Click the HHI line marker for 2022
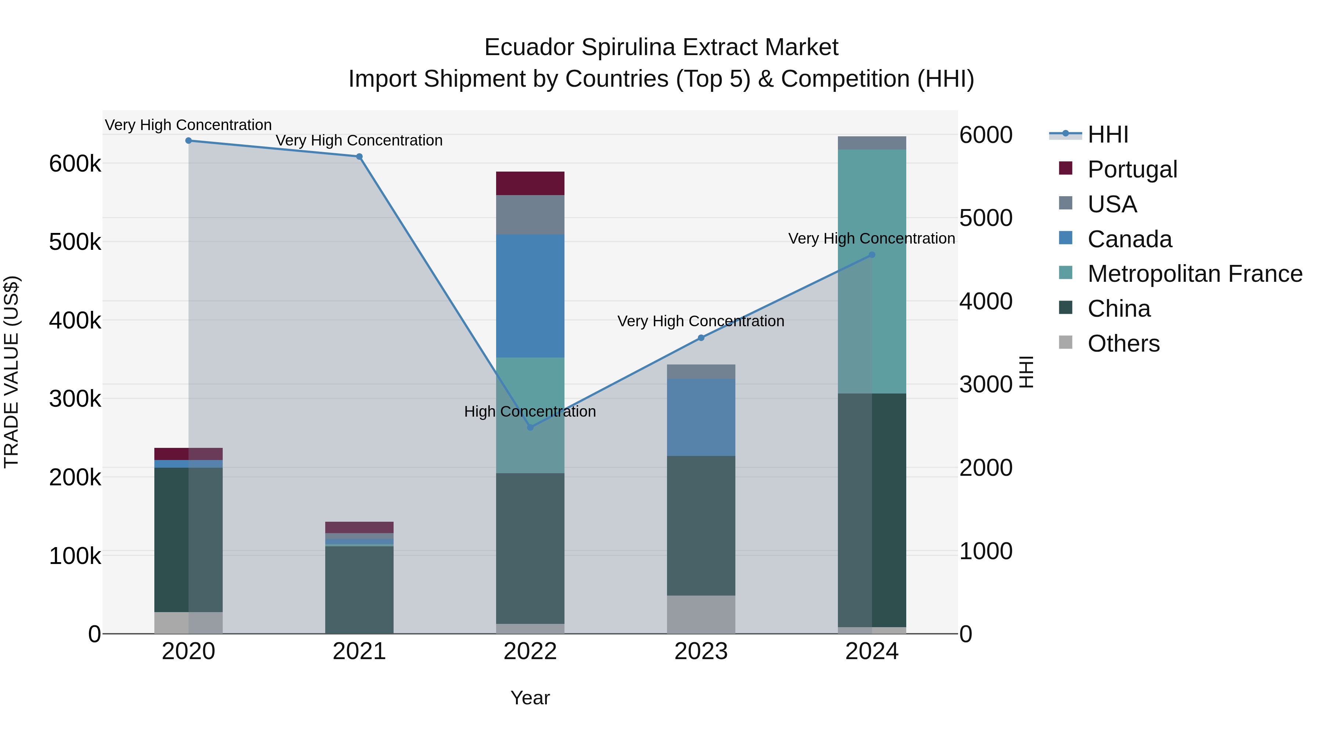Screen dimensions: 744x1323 (531, 427)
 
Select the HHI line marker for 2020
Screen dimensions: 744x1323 (189, 141)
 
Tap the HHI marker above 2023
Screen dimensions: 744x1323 (701, 338)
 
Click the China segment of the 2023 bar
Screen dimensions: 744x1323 (701, 525)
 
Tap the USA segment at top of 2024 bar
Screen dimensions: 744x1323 (872, 143)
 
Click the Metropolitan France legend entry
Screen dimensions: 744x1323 (1195, 274)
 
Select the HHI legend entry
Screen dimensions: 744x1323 (1108, 134)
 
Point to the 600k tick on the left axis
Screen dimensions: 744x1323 (75, 164)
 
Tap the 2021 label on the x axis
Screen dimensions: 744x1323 (359, 651)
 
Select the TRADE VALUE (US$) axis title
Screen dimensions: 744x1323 (11, 372)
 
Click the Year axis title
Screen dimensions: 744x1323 (530, 698)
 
